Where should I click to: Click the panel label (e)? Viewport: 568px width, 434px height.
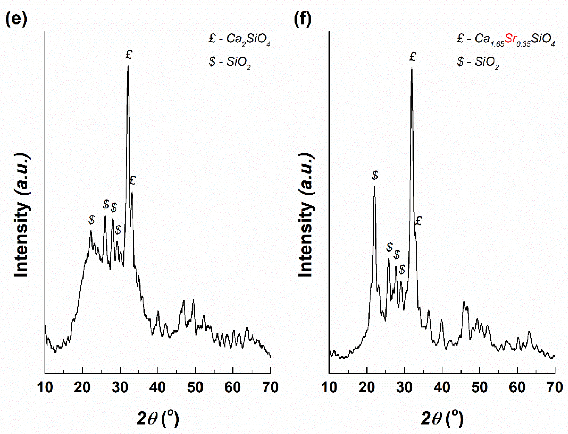pyautogui.click(x=16, y=19)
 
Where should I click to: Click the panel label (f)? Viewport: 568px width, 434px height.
pyautogui.click(x=302, y=19)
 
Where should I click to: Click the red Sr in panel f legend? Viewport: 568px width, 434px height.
pyautogui.click(x=511, y=39)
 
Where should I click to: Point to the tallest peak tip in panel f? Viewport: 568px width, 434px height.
pyautogui.click(x=412, y=69)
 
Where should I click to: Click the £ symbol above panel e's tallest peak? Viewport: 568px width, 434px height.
pyautogui.click(x=128, y=54)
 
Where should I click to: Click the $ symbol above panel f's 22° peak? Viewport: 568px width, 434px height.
pyautogui.click(x=375, y=175)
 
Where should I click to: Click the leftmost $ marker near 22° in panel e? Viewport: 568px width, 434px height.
pyautogui.click(x=91, y=220)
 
